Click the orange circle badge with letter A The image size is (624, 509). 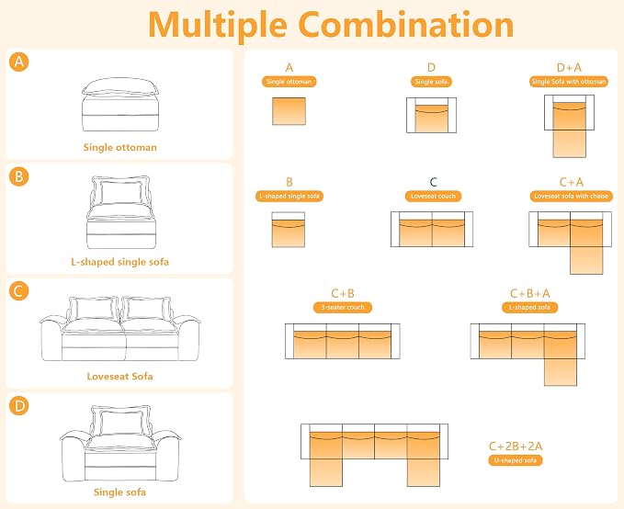19,62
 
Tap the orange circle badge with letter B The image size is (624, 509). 19,176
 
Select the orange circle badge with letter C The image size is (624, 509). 19,291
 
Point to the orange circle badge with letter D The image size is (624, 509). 19,405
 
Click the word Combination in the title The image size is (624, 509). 406,25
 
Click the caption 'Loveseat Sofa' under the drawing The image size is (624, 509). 119,376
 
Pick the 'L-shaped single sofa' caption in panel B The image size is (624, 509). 119,262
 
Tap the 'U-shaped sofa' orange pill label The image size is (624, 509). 516,460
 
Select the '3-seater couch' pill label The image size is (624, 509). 343,307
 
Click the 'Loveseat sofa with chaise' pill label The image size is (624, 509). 571,197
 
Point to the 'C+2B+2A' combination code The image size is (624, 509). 516,447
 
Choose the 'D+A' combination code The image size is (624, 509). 569,68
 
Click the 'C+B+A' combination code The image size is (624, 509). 529,293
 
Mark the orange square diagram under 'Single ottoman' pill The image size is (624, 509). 289,111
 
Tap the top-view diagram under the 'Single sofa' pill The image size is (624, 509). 431,115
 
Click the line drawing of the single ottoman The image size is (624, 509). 120,104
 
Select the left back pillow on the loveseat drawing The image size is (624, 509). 92,310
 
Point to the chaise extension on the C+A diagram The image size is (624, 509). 586,260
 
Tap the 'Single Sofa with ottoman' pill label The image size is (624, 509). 569,82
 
